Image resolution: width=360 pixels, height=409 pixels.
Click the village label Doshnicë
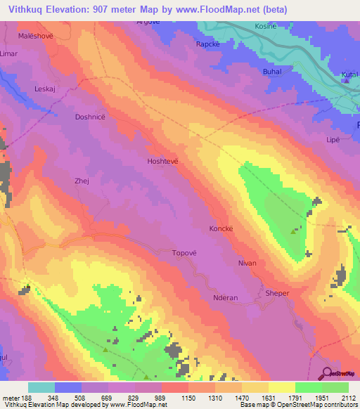pos(90,118)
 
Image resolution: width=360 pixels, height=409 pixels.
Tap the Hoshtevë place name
pos(161,161)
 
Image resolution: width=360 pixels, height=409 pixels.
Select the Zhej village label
pos(82,181)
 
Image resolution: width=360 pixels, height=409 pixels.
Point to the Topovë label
pos(186,253)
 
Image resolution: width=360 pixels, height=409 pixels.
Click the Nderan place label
pos(226,298)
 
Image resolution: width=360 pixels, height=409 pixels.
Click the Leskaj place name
pos(44,89)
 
